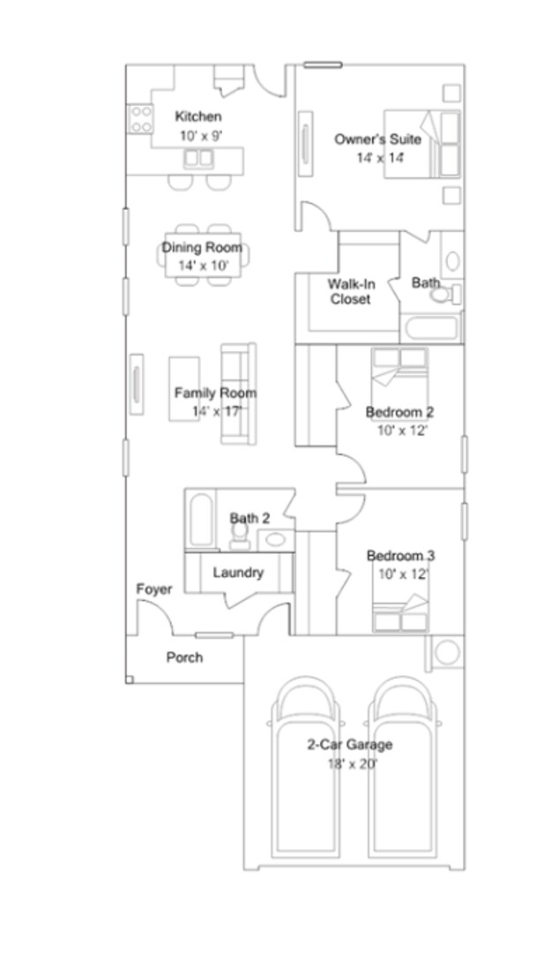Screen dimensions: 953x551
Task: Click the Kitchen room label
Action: coord(198,116)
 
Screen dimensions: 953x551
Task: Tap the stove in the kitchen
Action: coord(141,119)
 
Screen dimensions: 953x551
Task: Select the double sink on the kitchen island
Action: coord(198,159)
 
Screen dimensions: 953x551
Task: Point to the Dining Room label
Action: coord(201,248)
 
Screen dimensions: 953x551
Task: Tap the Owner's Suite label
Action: coord(376,139)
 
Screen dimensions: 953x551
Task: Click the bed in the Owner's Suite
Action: coord(422,145)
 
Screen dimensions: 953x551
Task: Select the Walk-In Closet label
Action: coord(350,291)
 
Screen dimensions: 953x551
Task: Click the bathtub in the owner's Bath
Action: coord(431,329)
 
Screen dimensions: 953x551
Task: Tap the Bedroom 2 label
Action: coord(399,412)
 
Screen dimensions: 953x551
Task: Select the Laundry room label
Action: coord(238,573)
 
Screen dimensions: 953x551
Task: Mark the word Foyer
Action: coord(154,589)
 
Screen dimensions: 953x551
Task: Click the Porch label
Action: coord(184,657)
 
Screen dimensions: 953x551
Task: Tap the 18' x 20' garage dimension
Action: coord(349,763)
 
